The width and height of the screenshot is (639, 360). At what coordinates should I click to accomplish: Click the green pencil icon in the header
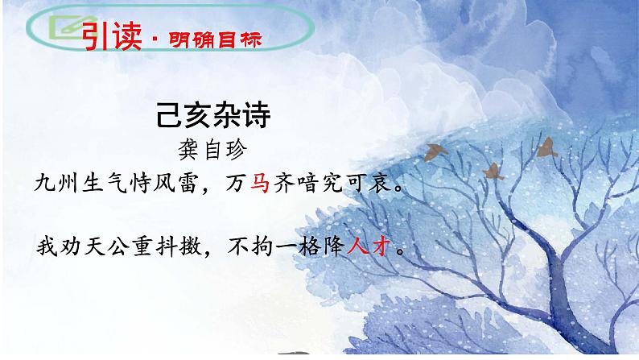coord(62,29)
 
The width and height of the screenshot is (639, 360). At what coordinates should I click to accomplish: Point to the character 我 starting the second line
coord(44,247)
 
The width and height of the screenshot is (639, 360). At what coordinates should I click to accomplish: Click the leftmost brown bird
coord(437,151)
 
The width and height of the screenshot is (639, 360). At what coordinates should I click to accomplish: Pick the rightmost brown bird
coord(547,146)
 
